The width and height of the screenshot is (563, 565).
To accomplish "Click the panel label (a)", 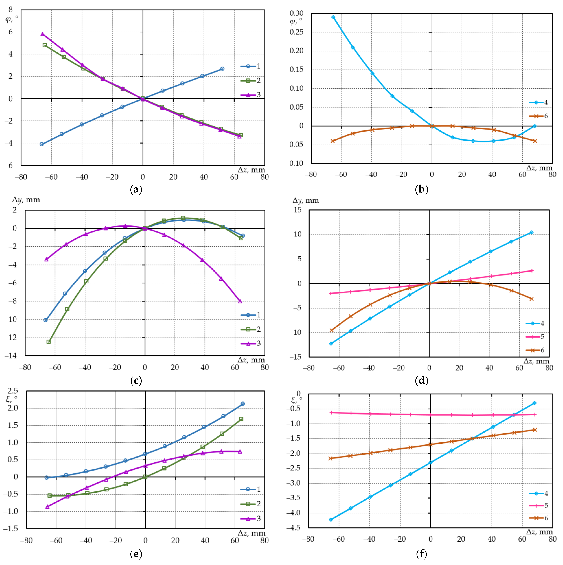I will [136, 190].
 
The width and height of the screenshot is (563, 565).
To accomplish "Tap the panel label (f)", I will [421, 554].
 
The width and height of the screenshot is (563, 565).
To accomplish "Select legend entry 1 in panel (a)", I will [250, 66].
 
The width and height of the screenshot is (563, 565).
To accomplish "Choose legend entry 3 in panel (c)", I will [250, 343].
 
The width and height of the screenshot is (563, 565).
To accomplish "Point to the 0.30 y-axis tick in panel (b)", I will [296, 13].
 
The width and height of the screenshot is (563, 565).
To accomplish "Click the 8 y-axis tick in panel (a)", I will [11, 10].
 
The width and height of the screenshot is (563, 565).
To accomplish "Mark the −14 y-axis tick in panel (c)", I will [11, 356].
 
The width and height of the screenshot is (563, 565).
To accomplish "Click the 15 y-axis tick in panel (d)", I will [298, 210].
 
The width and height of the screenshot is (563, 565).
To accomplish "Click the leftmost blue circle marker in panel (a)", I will [42, 144].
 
